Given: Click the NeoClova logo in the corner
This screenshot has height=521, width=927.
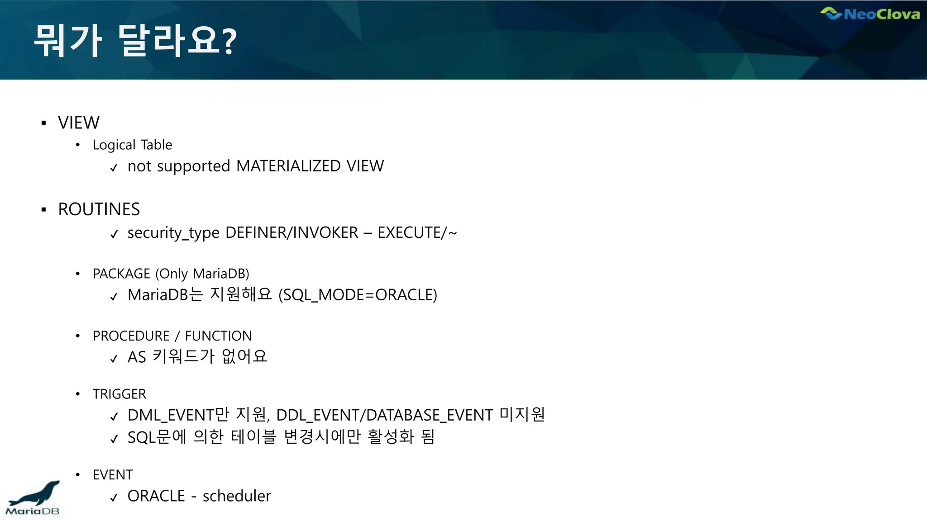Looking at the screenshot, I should [870, 14].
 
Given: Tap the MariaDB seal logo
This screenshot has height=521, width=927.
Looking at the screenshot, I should [33, 498].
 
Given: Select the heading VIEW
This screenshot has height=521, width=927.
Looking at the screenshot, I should [79, 123].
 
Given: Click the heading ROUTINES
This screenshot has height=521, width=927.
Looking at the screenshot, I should [99, 209].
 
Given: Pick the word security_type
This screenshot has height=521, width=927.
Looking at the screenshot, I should [173, 233].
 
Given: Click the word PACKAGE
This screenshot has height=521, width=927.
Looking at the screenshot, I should [121, 274].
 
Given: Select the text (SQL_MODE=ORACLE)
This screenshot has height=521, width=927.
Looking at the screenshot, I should [358, 295].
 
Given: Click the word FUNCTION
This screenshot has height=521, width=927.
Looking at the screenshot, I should [218, 336].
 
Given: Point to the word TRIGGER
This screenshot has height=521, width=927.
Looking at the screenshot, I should [119, 394].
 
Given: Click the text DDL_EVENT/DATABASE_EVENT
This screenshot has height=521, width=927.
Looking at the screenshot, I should [384, 415].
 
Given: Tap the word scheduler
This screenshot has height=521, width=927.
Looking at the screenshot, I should [237, 496].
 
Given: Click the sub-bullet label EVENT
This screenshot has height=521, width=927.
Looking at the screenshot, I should [113, 475].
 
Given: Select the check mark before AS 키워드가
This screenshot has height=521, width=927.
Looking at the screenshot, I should [114, 359].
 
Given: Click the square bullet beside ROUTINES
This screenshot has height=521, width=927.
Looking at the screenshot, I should [44, 209].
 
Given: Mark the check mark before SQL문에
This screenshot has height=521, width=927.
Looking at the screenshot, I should [114, 438].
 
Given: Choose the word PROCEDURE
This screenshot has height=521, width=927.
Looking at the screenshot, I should [131, 336].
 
